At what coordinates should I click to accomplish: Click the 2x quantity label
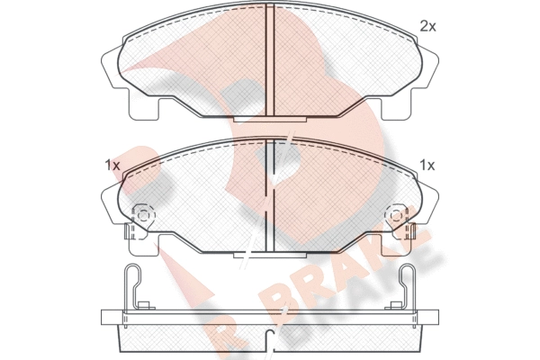tap(427, 26)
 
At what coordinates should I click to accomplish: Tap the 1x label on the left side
tap(112, 166)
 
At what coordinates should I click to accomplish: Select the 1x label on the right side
tap(427, 166)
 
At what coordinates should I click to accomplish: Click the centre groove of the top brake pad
tap(270, 60)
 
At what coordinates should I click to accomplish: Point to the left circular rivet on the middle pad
tap(143, 216)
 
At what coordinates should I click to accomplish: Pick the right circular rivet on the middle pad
tap(396, 216)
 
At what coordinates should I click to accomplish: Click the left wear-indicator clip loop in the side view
tap(133, 286)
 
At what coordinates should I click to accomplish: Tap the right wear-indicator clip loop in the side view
tap(407, 286)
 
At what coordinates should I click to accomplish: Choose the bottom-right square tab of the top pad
tap(397, 109)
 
